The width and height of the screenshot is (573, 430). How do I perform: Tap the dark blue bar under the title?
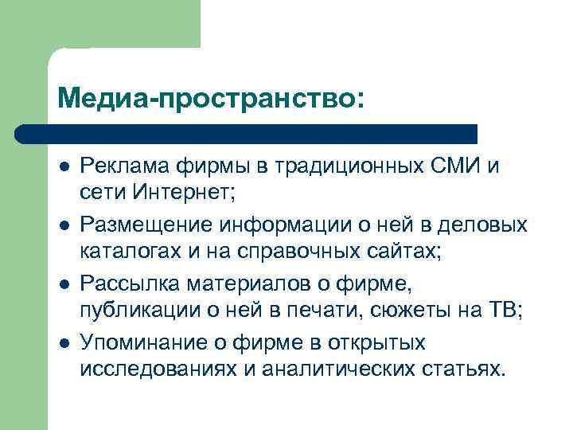(x=247, y=133)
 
